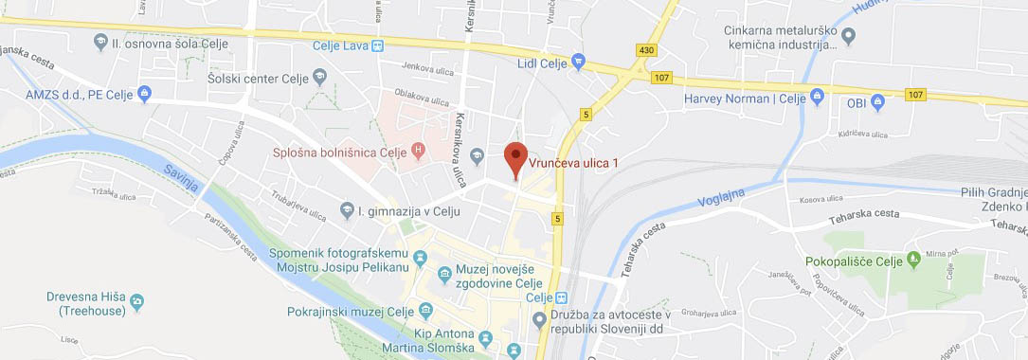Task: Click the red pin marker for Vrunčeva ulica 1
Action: click(x=514, y=157)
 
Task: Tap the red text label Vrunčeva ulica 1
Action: click(x=573, y=163)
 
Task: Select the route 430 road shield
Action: click(x=646, y=49)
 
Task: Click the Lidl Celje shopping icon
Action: click(x=579, y=63)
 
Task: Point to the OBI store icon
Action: click(x=877, y=101)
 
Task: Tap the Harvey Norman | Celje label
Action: click(x=745, y=99)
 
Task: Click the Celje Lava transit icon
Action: click(x=378, y=45)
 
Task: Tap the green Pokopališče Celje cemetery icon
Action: click(x=913, y=258)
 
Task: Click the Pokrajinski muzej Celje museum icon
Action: click(x=425, y=311)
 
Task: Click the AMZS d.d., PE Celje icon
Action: click(x=144, y=93)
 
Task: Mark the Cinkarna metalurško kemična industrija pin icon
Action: click(x=849, y=37)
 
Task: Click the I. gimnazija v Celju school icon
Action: click(x=348, y=209)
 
